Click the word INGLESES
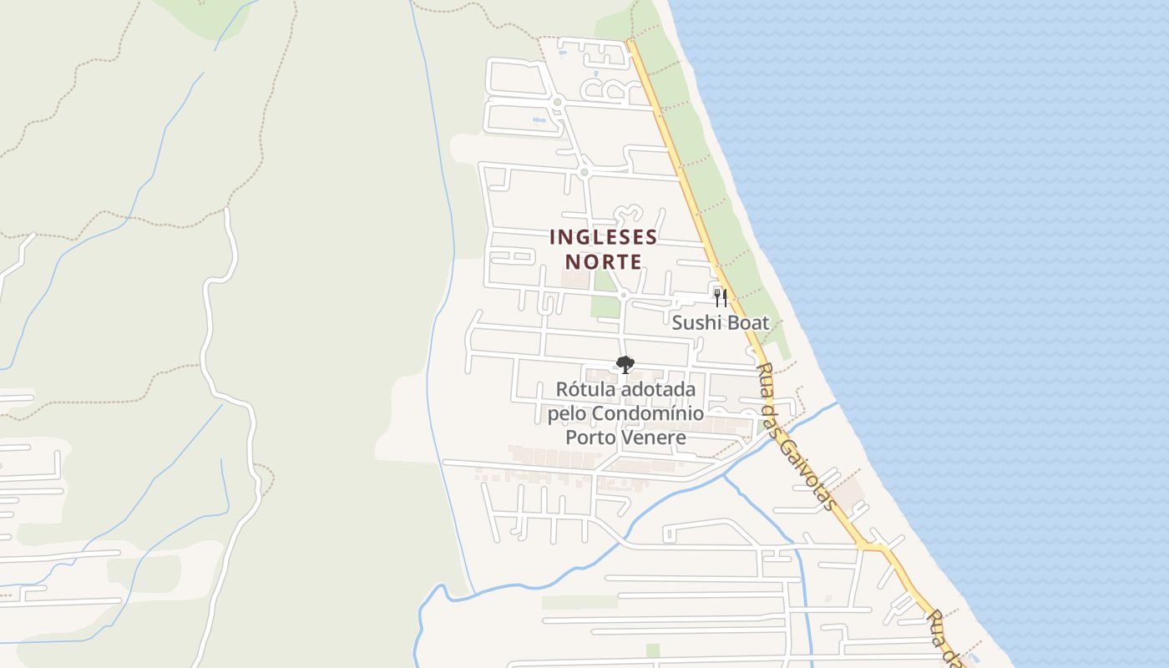pyautogui.click(x=603, y=238)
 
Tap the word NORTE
pyautogui.click(x=603, y=262)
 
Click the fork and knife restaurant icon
pyautogui.click(x=721, y=298)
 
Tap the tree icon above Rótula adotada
pyautogui.click(x=625, y=364)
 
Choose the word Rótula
pyautogui.click(x=581, y=390)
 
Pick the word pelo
pyautogui.click(x=567, y=414)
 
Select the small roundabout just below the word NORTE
pyautogui.click(x=623, y=295)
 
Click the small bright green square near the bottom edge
pyautogui.click(x=653, y=650)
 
